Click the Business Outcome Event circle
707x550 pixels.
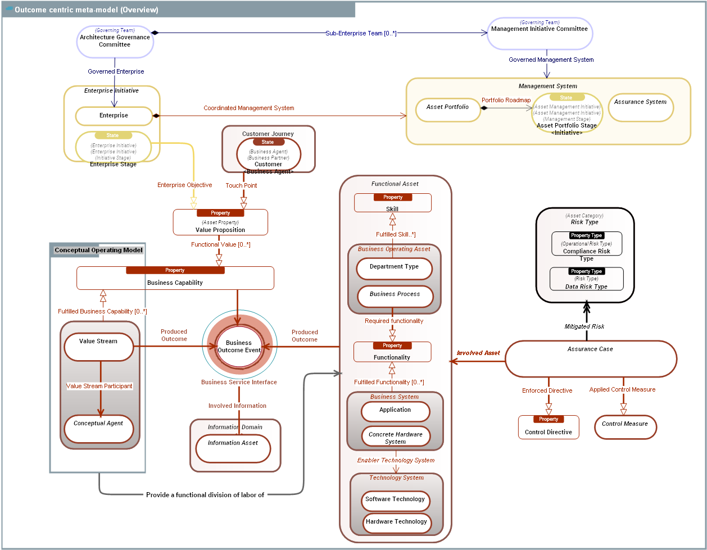click(x=239, y=347)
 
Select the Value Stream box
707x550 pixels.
click(x=99, y=347)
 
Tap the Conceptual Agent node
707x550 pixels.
click(x=99, y=429)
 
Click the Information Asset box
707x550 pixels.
click(x=233, y=448)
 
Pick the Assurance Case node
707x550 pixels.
click(x=591, y=358)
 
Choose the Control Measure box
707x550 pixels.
click(x=625, y=427)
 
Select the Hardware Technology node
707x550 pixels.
click(x=396, y=522)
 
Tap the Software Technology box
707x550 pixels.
click(x=395, y=499)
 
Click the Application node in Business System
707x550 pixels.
click(x=395, y=411)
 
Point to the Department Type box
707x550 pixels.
click(x=395, y=267)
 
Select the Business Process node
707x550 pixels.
click(x=395, y=295)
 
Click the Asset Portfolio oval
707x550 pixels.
click(x=448, y=109)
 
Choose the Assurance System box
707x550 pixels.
click(x=641, y=107)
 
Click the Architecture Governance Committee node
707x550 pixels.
click(x=115, y=41)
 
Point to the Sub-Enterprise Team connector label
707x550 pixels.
click(x=361, y=33)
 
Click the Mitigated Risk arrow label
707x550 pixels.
click(x=584, y=326)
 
